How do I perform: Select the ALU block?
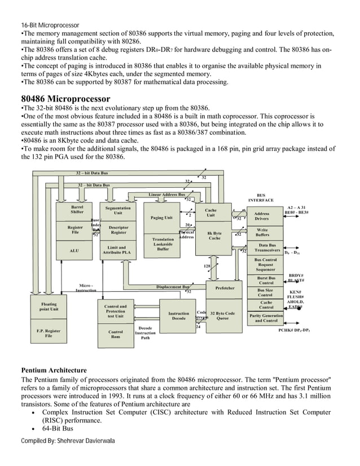pyautogui.click(x=73, y=250)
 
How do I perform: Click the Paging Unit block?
pyautogui.click(x=161, y=217)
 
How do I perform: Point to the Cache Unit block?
pyautogui.click(x=210, y=213)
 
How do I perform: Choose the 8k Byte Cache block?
pyautogui.click(x=214, y=235)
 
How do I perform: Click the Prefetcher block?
pyautogui.click(x=225, y=288)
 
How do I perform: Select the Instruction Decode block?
pyautogui.click(x=179, y=316)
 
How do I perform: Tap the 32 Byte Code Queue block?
pyautogui.click(x=222, y=316)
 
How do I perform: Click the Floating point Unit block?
pyautogui.click(x=49, y=306)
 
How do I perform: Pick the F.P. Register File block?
pyautogui.click(x=49, y=333)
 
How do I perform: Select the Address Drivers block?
pyautogui.click(x=262, y=216)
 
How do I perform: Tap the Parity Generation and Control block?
pyautogui.click(x=265, y=318)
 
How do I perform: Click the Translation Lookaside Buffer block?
pyautogui.click(x=163, y=244)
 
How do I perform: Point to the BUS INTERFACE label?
pyautogui.click(x=261, y=197)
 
